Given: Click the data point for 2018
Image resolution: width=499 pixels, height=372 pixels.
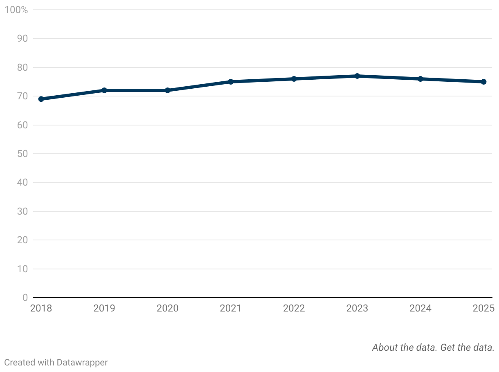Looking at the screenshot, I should [x=41, y=99].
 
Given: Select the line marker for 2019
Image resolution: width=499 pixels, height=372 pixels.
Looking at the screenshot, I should [x=104, y=90].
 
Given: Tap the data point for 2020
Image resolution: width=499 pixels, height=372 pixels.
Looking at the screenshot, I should [x=168, y=90].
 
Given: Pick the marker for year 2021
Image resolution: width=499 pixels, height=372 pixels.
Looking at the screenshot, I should [x=231, y=82].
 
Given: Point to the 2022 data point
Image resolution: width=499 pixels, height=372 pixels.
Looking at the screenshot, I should [x=294, y=79].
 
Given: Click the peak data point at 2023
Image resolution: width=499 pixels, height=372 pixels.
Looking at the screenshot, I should [x=357, y=76].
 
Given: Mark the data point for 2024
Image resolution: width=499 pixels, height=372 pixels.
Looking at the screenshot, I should [x=420, y=79].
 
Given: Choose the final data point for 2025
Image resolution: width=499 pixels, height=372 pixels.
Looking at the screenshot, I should [x=483, y=82].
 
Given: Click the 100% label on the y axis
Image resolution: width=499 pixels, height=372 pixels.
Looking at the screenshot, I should [x=16, y=10].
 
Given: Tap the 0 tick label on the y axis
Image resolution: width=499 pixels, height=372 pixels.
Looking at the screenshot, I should [x=25, y=298].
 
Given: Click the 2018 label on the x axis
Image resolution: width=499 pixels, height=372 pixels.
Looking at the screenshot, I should [x=41, y=308].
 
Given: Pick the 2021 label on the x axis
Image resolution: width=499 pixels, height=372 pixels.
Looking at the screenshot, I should [x=231, y=308].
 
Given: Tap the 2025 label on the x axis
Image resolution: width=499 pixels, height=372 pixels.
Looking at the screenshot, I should [x=483, y=308].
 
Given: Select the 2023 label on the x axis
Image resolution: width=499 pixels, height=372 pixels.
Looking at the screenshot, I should [x=357, y=308].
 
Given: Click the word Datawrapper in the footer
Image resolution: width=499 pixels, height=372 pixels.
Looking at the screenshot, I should [x=82, y=362].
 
